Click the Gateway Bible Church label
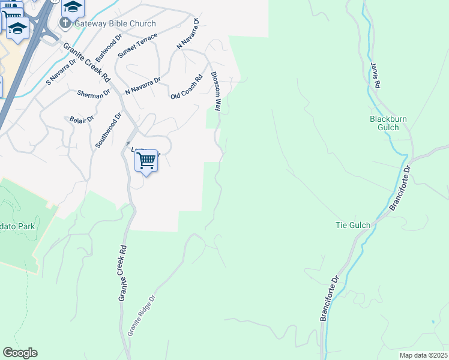[x=115, y=24]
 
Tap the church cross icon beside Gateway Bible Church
[x=65, y=24]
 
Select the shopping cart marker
[x=146, y=161]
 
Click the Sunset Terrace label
[x=137, y=46]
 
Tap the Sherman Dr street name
[x=94, y=93]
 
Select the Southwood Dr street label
[x=109, y=130]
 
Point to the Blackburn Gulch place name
[x=388, y=123]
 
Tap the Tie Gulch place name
[x=352, y=225]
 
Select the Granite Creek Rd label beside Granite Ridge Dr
[x=122, y=273]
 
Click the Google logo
[x=20, y=353]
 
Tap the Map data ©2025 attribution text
[x=423, y=355]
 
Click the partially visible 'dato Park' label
[x=17, y=226]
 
